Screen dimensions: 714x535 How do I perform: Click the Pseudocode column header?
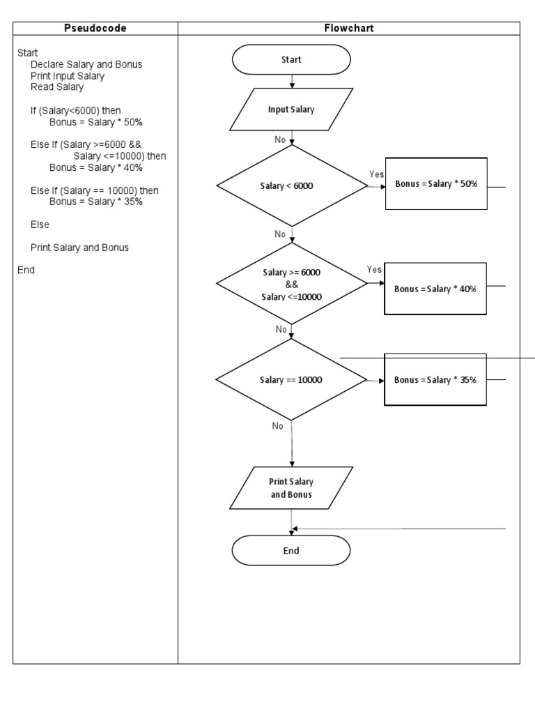coord(95,29)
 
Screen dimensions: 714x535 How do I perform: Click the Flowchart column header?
coord(349,29)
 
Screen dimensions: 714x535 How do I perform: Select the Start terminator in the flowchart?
coord(291,60)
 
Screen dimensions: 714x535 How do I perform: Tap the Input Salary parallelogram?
coord(291,109)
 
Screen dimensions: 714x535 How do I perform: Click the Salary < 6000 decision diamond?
coord(292,187)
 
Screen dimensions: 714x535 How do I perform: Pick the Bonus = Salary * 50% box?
coord(435,183)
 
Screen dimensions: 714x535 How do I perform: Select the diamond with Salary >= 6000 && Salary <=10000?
coord(292,284)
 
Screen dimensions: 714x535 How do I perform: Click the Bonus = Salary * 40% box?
coord(435,288)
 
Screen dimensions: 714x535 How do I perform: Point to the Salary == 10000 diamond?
coord(291,380)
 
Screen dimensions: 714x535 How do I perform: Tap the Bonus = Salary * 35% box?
coord(435,380)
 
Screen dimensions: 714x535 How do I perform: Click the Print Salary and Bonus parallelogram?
coord(291,488)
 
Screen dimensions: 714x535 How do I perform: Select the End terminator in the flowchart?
coord(291,551)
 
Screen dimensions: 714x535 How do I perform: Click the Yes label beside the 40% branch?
coord(374,269)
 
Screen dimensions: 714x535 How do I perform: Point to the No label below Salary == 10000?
coord(277,426)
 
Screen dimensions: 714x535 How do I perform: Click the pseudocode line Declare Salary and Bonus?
coord(86,64)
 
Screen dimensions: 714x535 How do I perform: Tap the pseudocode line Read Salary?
coord(57,87)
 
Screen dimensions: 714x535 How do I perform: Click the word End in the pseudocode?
coord(26,270)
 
